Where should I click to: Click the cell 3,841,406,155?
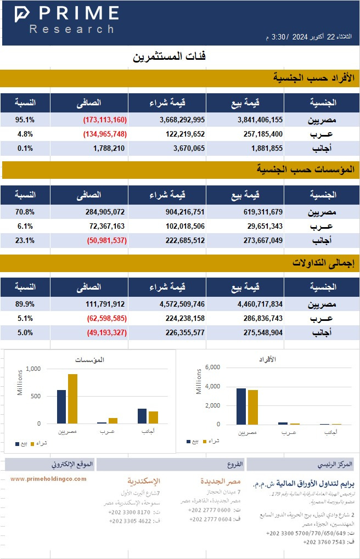point(260,120)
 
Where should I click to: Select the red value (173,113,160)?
point(105,120)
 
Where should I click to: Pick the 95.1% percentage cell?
point(25,120)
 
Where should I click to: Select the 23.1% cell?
point(25,240)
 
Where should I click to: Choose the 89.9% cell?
point(25,304)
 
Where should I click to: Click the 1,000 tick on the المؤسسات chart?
point(33,369)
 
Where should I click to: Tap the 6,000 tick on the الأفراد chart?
point(211,368)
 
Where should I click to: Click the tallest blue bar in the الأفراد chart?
point(241,406)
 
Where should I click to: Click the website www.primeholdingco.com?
point(48,479)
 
